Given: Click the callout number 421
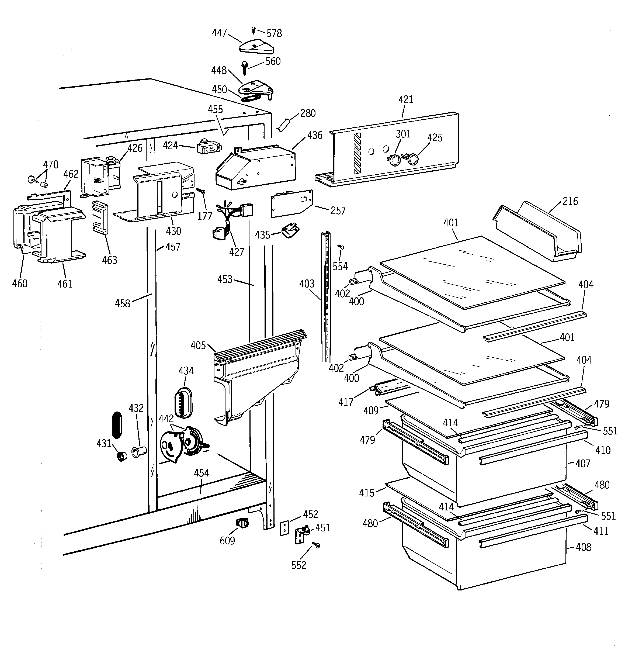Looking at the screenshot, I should point(406,100).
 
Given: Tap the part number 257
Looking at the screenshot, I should point(338,211).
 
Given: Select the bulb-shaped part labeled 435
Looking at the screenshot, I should point(290,231).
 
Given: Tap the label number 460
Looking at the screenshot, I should point(20,284).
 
